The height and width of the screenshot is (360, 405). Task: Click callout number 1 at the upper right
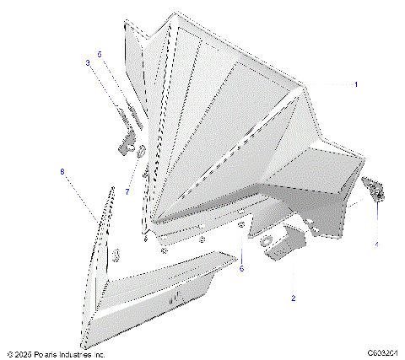point(356,84)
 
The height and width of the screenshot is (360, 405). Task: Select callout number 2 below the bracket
point(293,298)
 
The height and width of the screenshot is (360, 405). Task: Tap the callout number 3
point(87,62)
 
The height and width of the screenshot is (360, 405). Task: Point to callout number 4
point(376,244)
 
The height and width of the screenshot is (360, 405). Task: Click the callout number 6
point(240,269)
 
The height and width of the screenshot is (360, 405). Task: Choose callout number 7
point(127,191)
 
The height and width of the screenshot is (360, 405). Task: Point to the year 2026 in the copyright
point(23,355)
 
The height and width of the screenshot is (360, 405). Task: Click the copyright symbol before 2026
point(8,355)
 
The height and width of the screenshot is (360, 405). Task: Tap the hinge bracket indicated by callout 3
point(127,135)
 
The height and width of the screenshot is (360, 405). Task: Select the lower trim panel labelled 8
point(143,295)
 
